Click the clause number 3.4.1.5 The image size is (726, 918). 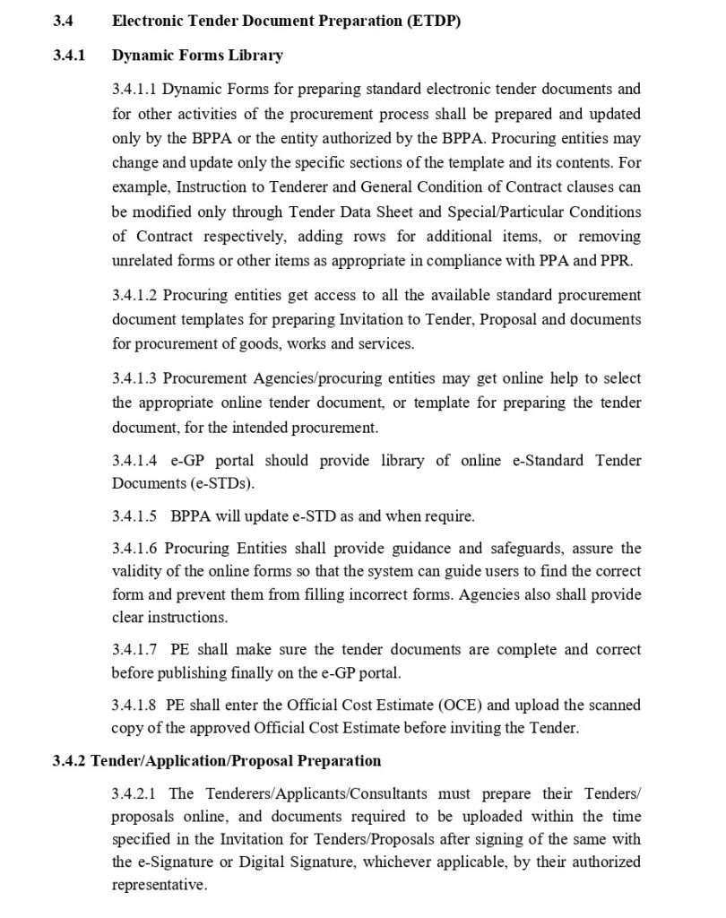coord(134,517)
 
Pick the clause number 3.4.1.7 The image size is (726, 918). coord(134,648)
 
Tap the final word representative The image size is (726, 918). coord(159,884)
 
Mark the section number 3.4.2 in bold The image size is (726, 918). coord(69,761)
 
